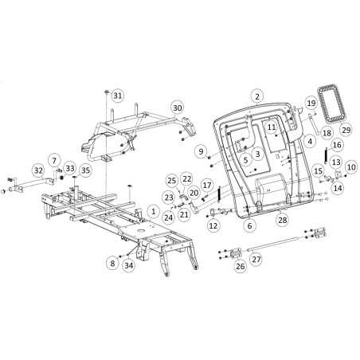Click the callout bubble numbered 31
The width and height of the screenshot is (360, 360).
[x=117, y=96]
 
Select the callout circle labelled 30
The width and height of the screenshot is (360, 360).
[x=178, y=108]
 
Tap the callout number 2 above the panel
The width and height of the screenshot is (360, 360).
[x=257, y=96]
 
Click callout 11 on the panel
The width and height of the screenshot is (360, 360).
[x=272, y=127]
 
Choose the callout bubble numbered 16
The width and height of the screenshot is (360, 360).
[x=337, y=145]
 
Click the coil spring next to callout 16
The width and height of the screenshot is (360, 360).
[x=326, y=155]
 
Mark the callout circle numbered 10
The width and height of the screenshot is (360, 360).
[x=351, y=167]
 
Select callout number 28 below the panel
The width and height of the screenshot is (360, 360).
[x=283, y=220]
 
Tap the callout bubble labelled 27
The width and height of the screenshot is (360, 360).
[x=256, y=259]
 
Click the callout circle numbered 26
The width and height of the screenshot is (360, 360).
[x=241, y=266]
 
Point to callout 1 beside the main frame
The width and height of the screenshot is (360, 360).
[x=153, y=211]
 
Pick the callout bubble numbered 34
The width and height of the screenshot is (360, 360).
[x=129, y=265]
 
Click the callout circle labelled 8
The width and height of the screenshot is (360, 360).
[x=112, y=263]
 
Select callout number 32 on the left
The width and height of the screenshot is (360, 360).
[x=38, y=170]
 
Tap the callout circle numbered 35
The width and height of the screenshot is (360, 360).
[x=85, y=170]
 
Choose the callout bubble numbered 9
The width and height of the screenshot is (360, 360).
[x=201, y=151]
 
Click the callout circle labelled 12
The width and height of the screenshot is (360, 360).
[x=213, y=226]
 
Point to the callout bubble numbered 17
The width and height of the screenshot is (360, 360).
[x=207, y=185]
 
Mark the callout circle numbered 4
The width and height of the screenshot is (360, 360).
[x=310, y=141]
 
